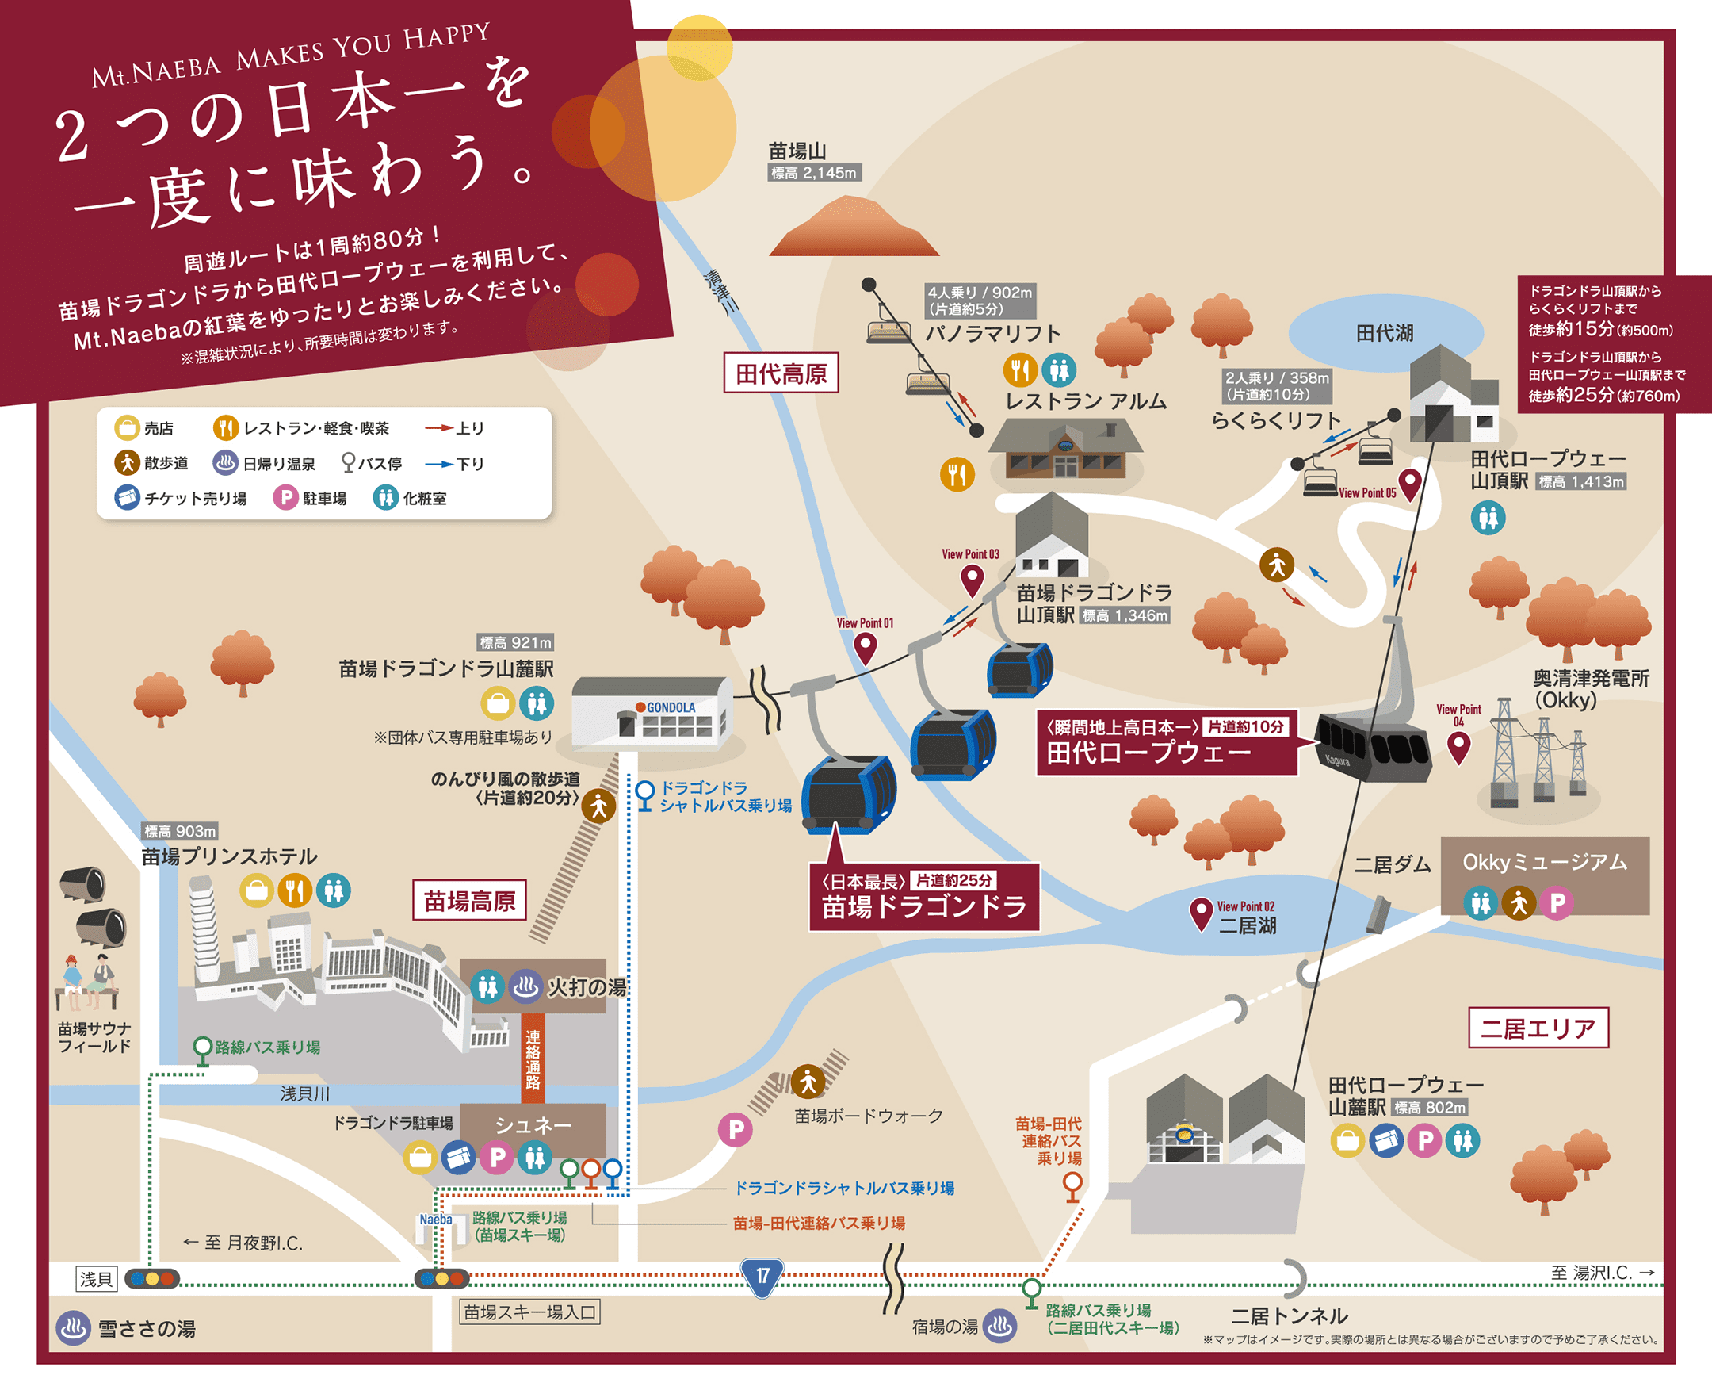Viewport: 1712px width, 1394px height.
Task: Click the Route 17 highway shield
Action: [x=761, y=1276]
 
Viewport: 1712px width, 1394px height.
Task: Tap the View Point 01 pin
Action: [x=865, y=646]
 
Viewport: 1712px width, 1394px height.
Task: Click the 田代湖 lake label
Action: [x=1385, y=333]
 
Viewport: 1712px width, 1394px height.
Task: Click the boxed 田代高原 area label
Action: [x=781, y=373]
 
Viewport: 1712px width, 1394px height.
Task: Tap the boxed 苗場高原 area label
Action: [x=469, y=900]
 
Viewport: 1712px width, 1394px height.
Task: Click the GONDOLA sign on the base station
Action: [x=671, y=707]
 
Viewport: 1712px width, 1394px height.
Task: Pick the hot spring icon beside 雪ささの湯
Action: [x=73, y=1328]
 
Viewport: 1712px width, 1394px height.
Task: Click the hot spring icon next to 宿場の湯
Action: [x=1000, y=1326]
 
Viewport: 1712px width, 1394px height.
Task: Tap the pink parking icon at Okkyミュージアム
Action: [x=1557, y=903]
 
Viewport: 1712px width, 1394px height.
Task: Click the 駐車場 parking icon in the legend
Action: [x=286, y=498]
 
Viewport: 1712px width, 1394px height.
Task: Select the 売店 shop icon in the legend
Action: [x=127, y=428]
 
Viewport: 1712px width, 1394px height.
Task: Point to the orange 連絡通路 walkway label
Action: [x=532, y=1059]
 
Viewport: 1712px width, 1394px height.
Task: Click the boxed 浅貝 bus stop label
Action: [x=97, y=1278]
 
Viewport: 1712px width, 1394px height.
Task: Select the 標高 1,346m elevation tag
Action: [x=1125, y=616]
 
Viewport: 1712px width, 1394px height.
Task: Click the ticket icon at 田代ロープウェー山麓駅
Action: [x=1386, y=1140]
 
